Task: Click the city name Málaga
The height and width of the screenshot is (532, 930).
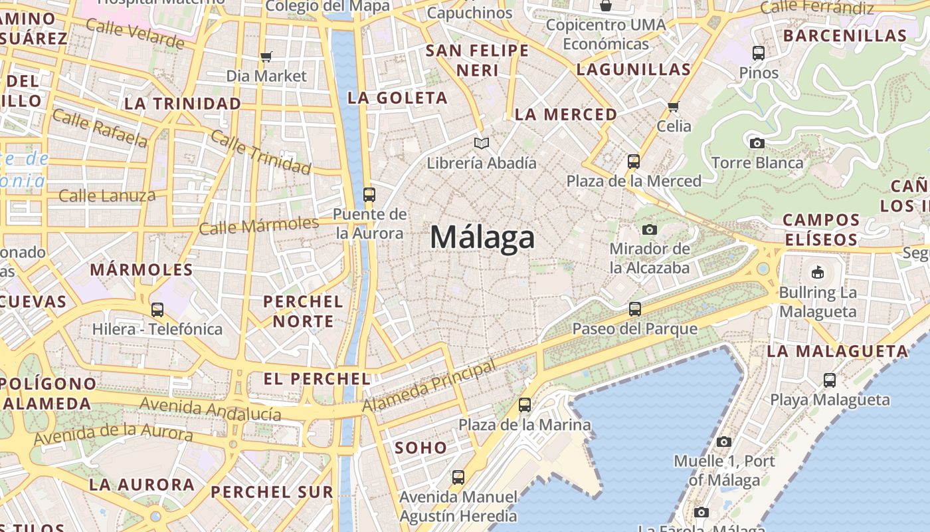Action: (482, 237)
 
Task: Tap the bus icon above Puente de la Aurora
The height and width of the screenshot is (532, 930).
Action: (369, 195)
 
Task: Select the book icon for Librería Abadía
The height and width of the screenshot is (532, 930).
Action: (482, 143)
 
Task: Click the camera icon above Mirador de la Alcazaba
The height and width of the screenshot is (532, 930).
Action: (650, 229)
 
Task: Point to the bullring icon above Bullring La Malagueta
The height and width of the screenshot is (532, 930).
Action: (818, 272)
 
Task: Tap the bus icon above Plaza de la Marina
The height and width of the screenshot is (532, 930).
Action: (525, 404)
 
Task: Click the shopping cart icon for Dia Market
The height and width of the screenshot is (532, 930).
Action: (266, 57)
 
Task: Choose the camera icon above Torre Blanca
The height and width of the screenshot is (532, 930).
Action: (757, 143)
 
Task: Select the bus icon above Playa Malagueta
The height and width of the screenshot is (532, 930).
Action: (830, 380)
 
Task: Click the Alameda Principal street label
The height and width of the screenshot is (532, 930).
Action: (430, 385)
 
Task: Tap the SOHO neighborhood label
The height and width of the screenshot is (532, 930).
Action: (421, 448)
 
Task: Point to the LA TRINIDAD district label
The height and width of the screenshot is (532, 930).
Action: (183, 104)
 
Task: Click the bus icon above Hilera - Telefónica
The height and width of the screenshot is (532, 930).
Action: (157, 309)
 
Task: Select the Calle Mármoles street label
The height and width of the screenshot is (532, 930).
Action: (259, 225)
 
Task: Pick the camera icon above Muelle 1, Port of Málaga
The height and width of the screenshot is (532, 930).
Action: (724, 442)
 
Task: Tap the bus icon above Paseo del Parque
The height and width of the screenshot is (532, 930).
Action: (635, 309)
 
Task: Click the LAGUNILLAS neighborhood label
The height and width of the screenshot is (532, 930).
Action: (634, 69)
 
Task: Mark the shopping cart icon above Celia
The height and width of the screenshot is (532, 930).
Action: (674, 106)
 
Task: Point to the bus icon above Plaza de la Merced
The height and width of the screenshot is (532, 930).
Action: (634, 161)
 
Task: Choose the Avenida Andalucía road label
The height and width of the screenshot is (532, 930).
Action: (210, 408)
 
